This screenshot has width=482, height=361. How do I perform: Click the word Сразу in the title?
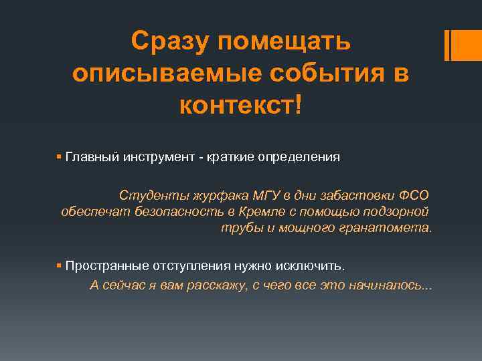coord(170,41)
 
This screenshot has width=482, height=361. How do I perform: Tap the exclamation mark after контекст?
coord(298,104)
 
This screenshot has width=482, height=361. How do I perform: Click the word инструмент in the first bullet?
coord(155,158)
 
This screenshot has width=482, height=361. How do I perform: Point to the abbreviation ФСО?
coord(414,195)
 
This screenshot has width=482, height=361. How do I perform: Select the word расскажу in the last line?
coord(214,285)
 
